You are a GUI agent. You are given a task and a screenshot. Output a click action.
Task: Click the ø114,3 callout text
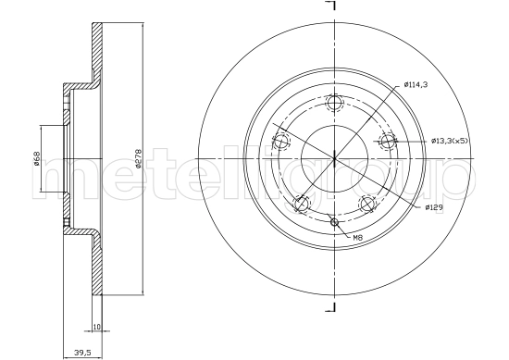point(415,86)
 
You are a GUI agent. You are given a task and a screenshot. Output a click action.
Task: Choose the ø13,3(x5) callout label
point(450,141)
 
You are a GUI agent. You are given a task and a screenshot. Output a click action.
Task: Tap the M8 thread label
point(357,239)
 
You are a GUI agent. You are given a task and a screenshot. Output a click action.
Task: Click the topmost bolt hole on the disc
point(336,104)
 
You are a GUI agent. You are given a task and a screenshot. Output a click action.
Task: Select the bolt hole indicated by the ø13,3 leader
point(389,141)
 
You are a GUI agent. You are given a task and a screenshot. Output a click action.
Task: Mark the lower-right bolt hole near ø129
point(368,204)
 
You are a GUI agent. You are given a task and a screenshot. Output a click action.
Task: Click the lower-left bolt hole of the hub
point(302,204)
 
